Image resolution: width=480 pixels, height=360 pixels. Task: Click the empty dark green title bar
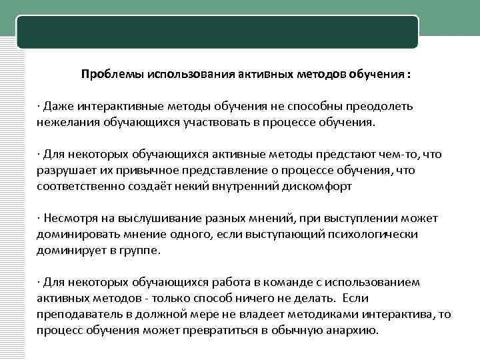point(217,32)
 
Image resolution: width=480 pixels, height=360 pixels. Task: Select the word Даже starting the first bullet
point(56,107)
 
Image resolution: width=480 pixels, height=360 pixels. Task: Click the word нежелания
point(65,123)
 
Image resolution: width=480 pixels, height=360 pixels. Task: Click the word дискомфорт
point(313,187)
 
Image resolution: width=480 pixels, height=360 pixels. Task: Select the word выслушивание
point(144,219)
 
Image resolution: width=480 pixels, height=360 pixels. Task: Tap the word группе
point(139,251)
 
